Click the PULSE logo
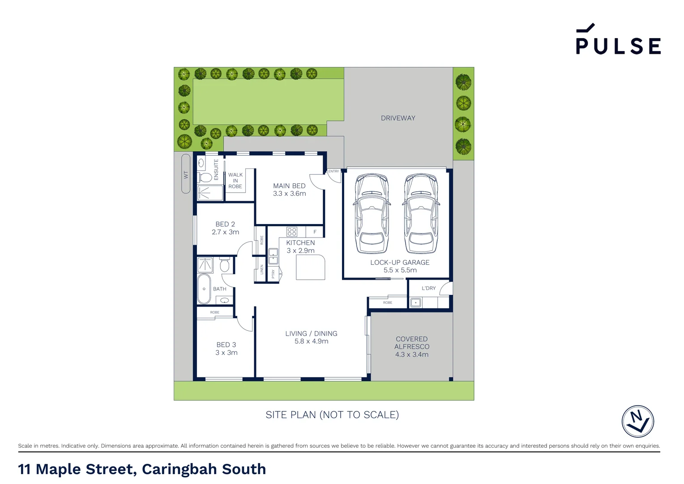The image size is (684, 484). click(618, 40)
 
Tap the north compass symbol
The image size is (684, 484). click(637, 421)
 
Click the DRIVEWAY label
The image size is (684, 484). click(398, 118)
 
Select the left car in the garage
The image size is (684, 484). click(372, 214)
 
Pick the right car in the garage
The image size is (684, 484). click(421, 214)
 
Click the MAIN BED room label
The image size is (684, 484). click(289, 186)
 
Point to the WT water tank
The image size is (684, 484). click(186, 174)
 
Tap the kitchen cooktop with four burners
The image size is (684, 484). click(292, 232)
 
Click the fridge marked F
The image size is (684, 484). click(315, 232)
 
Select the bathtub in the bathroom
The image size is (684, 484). click(204, 289)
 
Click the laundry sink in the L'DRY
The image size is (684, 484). click(415, 302)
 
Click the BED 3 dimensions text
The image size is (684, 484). click(227, 353)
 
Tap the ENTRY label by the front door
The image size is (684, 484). click(333, 171)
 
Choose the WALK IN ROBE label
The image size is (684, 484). click(235, 181)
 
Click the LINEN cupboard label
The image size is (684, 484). click(262, 269)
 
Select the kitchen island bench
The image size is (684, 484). click(310, 268)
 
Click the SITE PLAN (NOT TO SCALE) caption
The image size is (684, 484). click(332, 415)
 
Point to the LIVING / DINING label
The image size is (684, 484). click(311, 334)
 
